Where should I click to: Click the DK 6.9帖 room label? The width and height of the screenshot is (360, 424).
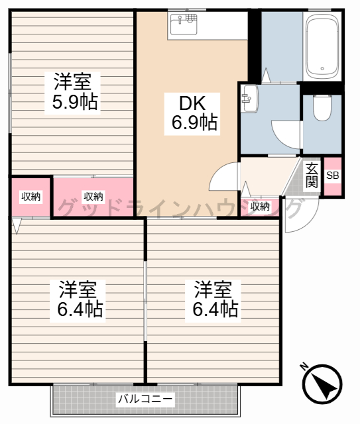coord(192,113)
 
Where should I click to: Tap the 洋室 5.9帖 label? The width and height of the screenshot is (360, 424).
coord(72,93)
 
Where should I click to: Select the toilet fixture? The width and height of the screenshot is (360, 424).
coord(322,107)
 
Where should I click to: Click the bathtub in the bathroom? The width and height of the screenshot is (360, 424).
coord(322,45)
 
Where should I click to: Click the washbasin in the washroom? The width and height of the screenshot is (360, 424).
coord(249,99)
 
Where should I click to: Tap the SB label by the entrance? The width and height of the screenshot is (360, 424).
coord(333,176)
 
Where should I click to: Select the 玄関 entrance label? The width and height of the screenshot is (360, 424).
coord(312,176)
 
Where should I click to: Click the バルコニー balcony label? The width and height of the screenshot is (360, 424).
coord(145,399)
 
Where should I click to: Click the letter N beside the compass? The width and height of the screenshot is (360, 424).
coord(304,366)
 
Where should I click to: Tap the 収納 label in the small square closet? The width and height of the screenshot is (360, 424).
coord(31,197)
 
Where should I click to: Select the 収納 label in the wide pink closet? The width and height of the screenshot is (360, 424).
coord(93,197)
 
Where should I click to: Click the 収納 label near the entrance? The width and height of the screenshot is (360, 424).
coord(260,207)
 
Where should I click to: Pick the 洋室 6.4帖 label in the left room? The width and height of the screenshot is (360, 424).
coord(78,299)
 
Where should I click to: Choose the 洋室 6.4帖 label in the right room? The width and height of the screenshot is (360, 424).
coord(213,299)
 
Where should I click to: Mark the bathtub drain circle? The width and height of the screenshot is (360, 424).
coord(322,69)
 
